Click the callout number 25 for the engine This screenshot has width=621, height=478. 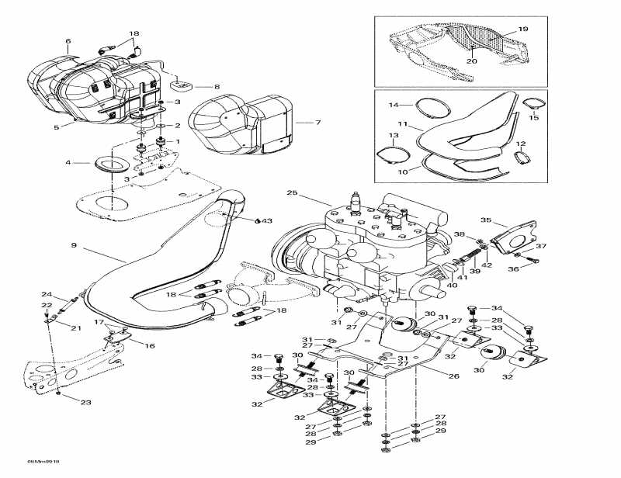(292, 193)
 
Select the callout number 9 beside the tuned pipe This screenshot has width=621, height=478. (74, 246)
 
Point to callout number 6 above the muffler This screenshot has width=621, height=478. (68, 40)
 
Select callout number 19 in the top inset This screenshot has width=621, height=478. (522, 29)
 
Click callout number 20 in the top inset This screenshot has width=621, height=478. (471, 61)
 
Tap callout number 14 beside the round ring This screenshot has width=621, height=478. (394, 104)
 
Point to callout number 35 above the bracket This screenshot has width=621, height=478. (486, 220)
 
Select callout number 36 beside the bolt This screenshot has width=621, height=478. (534, 269)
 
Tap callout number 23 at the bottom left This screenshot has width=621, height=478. (85, 403)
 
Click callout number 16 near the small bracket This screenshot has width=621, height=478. (150, 346)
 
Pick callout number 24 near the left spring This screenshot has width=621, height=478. (46, 295)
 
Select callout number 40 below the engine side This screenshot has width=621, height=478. (452, 286)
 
